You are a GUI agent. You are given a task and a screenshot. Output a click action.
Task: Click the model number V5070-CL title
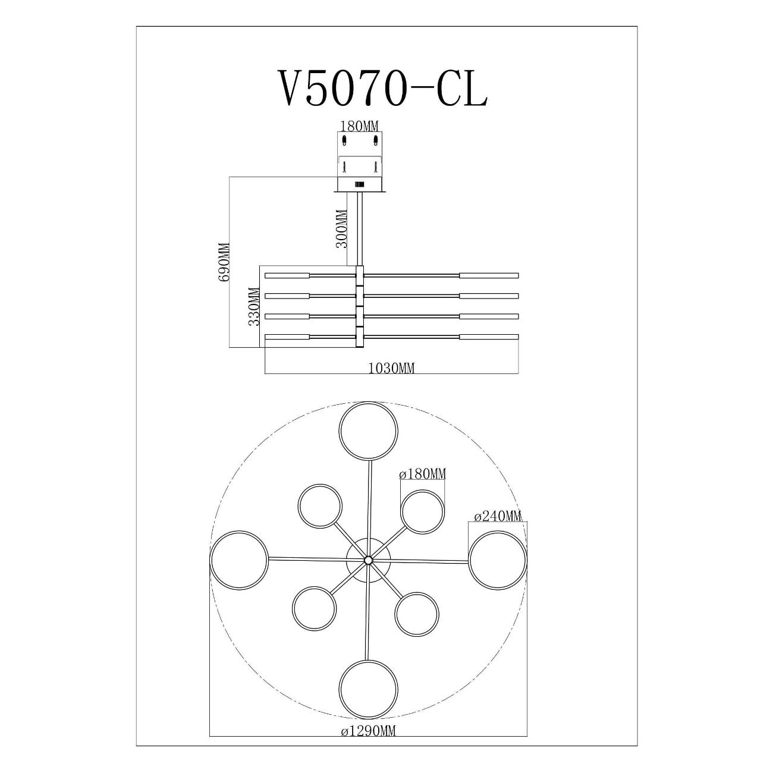(x=382, y=88)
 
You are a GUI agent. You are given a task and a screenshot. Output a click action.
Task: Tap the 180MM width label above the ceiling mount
(x=359, y=127)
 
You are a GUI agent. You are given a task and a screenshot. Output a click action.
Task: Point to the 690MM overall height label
(x=224, y=262)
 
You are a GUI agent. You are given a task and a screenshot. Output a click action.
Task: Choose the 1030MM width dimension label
(x=391, y=368)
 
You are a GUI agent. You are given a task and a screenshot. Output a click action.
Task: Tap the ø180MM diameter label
(x=422, y=474)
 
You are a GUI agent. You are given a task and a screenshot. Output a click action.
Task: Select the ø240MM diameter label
(x=498, y=516)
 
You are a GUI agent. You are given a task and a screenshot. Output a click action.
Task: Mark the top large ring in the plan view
(x=368, y=403)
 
